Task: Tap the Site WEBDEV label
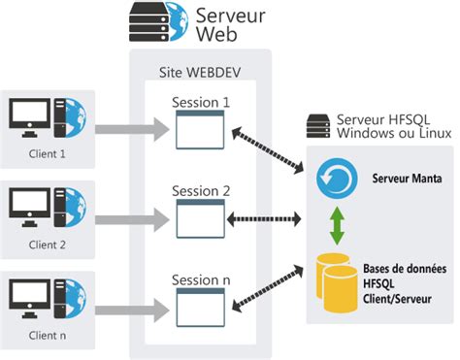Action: point(199,74)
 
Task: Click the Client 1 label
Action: point(48,151)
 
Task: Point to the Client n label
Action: point(48,336)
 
